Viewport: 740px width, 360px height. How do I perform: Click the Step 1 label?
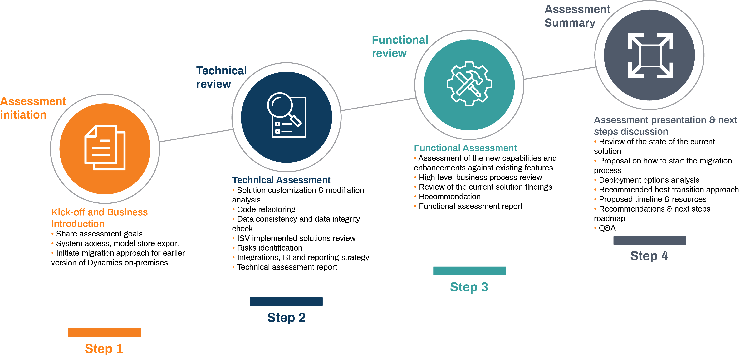(x=104, y=348)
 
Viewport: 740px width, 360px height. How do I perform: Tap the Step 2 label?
(x=286, y=318)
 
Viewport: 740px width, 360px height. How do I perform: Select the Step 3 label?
(x=469, y=287)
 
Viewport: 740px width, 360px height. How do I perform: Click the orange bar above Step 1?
(x=105, y=332)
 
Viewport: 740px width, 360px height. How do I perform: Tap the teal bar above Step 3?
(x=469, y=271)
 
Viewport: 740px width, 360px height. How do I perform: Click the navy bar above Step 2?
(x=286, y=301)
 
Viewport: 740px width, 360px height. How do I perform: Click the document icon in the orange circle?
(x=105, y=148)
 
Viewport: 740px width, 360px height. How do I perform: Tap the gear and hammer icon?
(x=469, y=84)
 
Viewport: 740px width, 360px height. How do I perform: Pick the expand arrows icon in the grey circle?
(x=650, y=55)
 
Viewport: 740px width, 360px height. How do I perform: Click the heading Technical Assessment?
(x=281, y=180)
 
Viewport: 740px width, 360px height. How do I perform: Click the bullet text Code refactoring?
(x=266, y=209)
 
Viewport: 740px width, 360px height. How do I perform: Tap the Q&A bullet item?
(x=607, y=228)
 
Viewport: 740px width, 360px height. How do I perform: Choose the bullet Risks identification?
(x=269, y=248)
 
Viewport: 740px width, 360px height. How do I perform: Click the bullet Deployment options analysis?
(x=649, y=180)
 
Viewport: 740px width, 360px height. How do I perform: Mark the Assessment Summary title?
(x=577, y=16)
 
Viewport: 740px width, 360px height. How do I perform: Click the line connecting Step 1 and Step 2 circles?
(x=196, y=135)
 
